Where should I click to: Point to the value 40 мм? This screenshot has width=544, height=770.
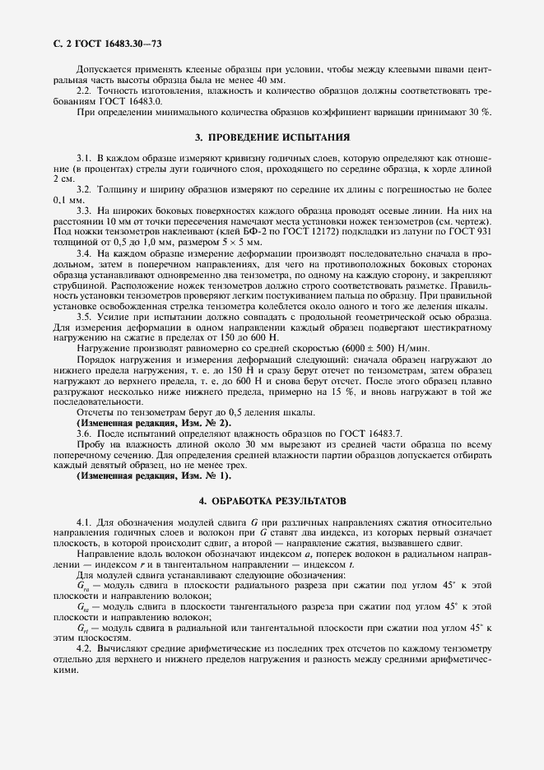pyautogui.click(x=270, y=81)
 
